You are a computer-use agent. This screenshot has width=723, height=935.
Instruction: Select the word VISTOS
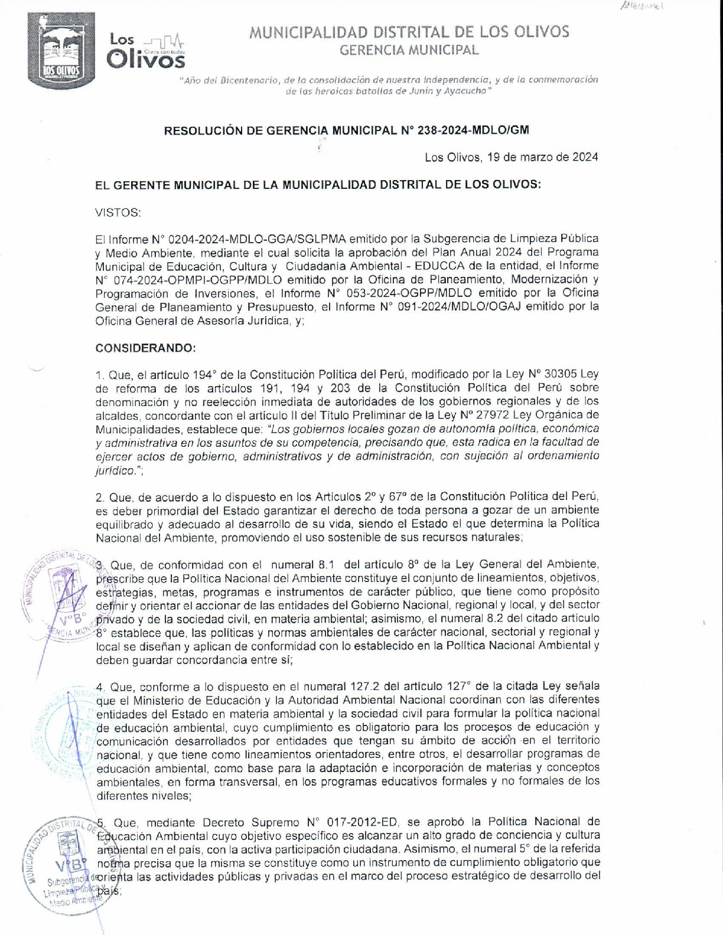click(118, 212)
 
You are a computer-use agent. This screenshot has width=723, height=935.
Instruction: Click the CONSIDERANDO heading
click(145, 348)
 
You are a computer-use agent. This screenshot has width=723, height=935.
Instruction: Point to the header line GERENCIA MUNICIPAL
click(409, 50)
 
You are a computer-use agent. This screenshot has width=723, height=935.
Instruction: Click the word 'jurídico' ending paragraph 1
click(115, 470)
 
